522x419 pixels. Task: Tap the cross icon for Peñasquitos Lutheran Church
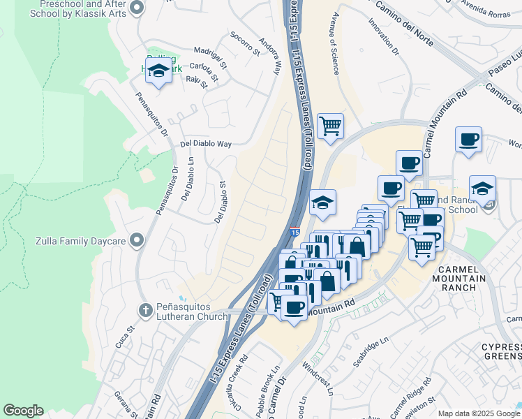point(145,310)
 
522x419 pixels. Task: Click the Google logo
point(23,411)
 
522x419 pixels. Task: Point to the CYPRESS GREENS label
point(500,352)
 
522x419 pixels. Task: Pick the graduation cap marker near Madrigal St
point(158,71)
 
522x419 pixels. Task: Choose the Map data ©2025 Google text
point(479,413)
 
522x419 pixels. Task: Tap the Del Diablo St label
point(220,203)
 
